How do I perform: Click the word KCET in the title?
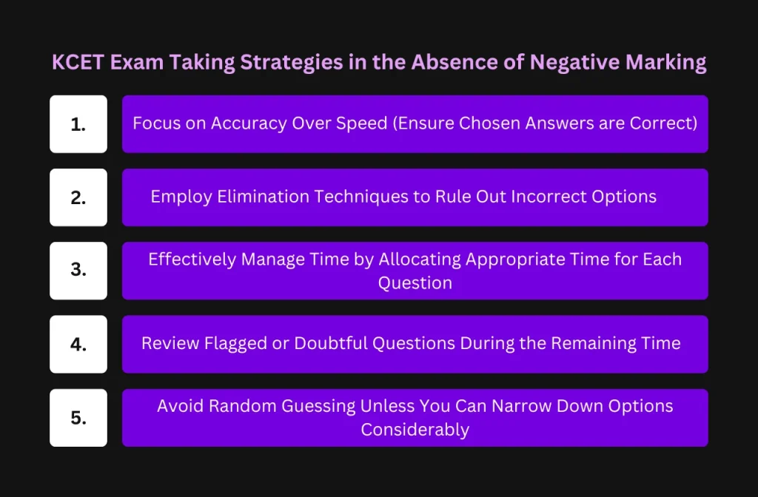pos(77,62)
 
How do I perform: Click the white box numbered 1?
pos(78,124)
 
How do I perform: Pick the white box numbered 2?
pos(78,197)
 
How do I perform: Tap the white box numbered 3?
pos(78,271)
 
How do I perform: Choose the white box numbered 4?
pos(78,345)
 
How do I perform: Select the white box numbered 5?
pos(78,418)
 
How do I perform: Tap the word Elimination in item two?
pos(263,197)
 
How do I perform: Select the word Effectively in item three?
pos(192,260)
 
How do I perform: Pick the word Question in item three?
pos(415,283)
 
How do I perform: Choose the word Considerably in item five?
pos(415,430)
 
